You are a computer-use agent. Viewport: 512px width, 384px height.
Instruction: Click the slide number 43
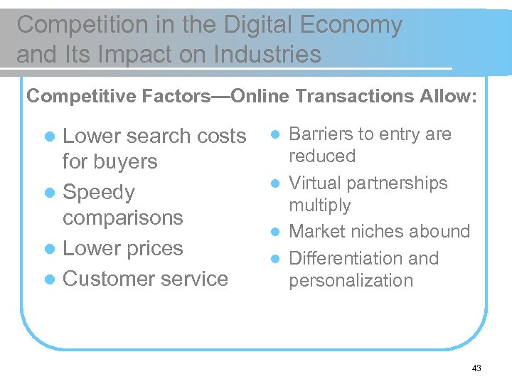click(476, 368)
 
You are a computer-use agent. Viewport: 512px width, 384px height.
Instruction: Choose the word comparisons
click(123, 218)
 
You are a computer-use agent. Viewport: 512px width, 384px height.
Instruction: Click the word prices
click(150, 248)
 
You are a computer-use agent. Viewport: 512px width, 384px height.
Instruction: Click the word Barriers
click(320, 134)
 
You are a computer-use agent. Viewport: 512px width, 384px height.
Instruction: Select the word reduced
click(322, 156)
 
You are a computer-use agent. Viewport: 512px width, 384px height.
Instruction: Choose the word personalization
click(351, 280)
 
